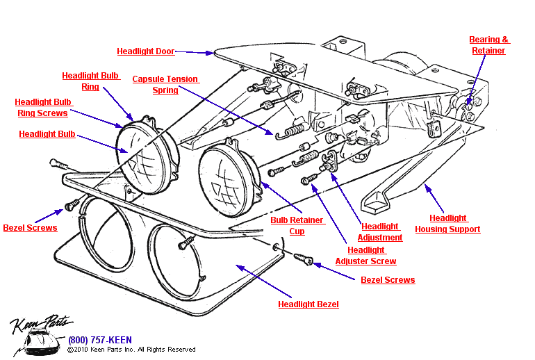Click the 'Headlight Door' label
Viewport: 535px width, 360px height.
145,51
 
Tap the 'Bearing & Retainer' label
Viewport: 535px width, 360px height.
488,45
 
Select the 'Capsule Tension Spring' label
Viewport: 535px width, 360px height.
165,85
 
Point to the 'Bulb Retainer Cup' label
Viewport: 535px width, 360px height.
297,226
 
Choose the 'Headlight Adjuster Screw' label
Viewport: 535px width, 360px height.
365,256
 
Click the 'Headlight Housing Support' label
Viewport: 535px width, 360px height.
447,224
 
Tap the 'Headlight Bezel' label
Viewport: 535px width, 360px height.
308,304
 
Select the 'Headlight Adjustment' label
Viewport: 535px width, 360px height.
380,231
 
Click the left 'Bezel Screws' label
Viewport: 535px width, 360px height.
30,228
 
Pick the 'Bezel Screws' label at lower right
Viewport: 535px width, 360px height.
388,280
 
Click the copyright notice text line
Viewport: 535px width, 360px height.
132,350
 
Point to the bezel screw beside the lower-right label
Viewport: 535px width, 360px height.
304,259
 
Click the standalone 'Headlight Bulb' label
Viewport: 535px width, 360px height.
47,134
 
